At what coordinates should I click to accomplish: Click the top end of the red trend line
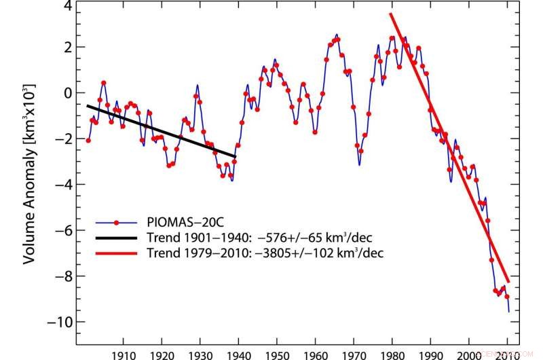[391, 14]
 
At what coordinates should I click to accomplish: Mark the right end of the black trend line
[236, 157]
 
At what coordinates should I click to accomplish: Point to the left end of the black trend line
[87, 106]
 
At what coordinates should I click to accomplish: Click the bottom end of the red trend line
[508, 281]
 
